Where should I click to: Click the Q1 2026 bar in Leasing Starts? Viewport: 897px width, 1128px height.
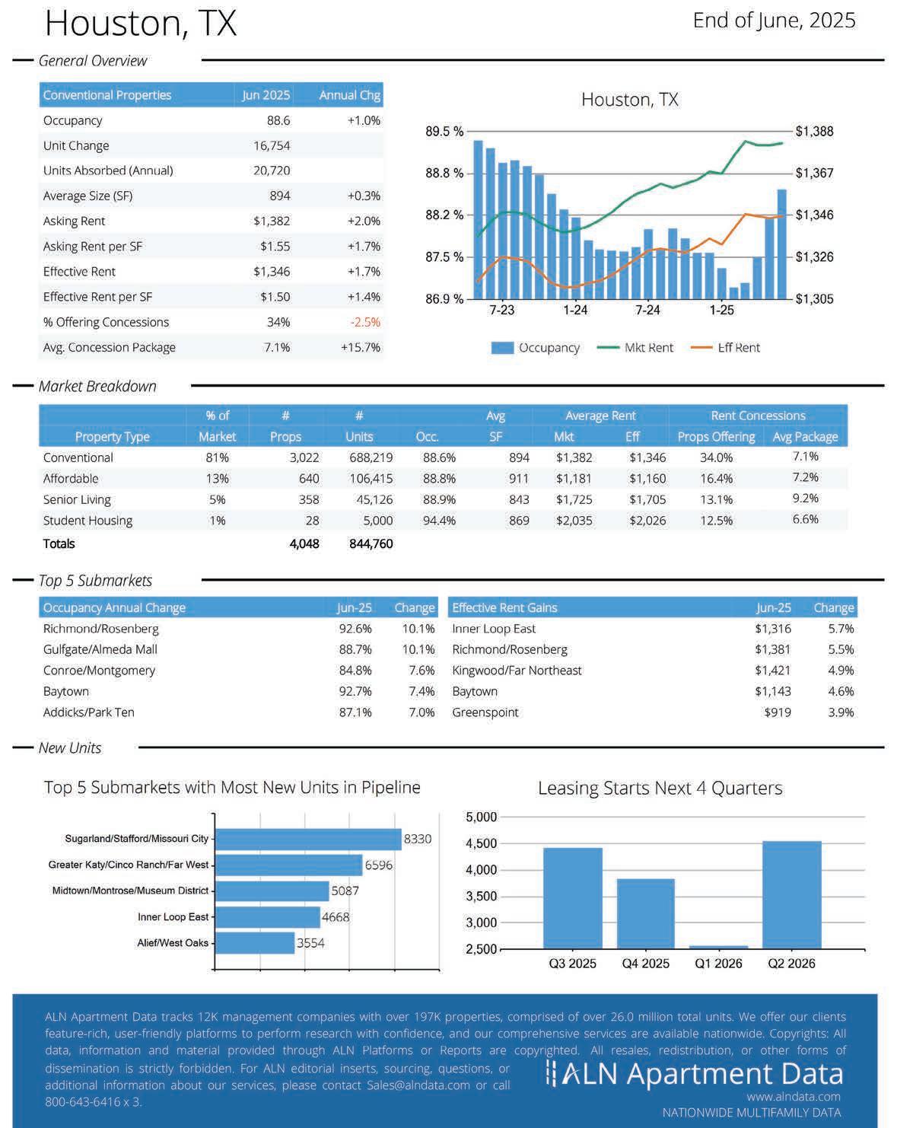click(718, 947)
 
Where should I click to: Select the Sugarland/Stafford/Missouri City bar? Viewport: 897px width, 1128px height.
click(308, 839)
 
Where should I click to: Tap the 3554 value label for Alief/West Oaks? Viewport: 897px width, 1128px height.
click(310, 943)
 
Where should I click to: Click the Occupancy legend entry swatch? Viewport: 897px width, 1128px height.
click(502, 348)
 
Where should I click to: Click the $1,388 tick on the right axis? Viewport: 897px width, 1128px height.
click(814, 132)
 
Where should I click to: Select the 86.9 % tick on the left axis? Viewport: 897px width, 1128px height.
click(444, 299)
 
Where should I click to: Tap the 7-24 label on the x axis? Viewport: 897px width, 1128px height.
click(647, 310)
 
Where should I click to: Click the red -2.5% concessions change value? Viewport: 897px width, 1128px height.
click(365, 322)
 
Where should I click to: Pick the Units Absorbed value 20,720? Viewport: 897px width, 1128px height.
click(272, 170)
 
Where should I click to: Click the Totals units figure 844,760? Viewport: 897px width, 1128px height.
click(371, 543)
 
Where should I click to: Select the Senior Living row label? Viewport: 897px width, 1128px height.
click(77, 500)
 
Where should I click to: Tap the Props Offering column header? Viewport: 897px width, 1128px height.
click(716, 437)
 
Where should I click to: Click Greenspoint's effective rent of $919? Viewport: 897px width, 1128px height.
click(778, 712)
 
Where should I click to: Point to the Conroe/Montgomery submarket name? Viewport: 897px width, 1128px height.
click(99, 671)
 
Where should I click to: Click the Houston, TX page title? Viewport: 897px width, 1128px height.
click(141, 23)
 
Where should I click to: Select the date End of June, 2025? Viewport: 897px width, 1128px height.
click(774, 21)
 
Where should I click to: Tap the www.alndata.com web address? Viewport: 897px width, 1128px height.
click(793, 1097)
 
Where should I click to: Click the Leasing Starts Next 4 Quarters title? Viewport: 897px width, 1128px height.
click(660, 788)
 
